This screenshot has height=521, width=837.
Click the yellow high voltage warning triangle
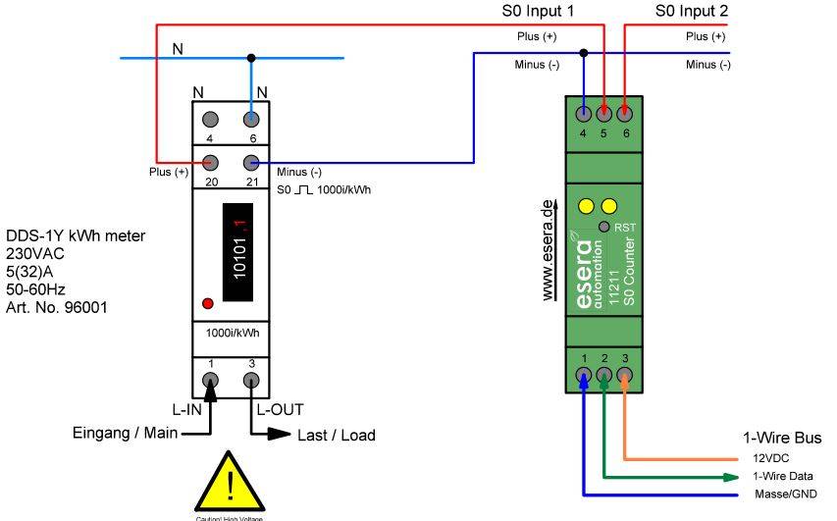click(x=230, y=481)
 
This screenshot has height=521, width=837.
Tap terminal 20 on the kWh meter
click(x=210, y=163)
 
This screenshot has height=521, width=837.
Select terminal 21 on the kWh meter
click(x=251, y=163)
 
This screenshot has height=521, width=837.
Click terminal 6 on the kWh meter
click(x=251, y=120)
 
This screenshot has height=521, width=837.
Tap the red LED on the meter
click(x=208, y=302)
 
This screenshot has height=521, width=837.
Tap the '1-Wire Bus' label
click(x=782, y=438)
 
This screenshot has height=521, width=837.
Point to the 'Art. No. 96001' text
click(x=58, y=308)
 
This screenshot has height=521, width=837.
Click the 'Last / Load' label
click(x=336, y=435)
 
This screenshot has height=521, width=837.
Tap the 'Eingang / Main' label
click(x=125, y=433)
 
